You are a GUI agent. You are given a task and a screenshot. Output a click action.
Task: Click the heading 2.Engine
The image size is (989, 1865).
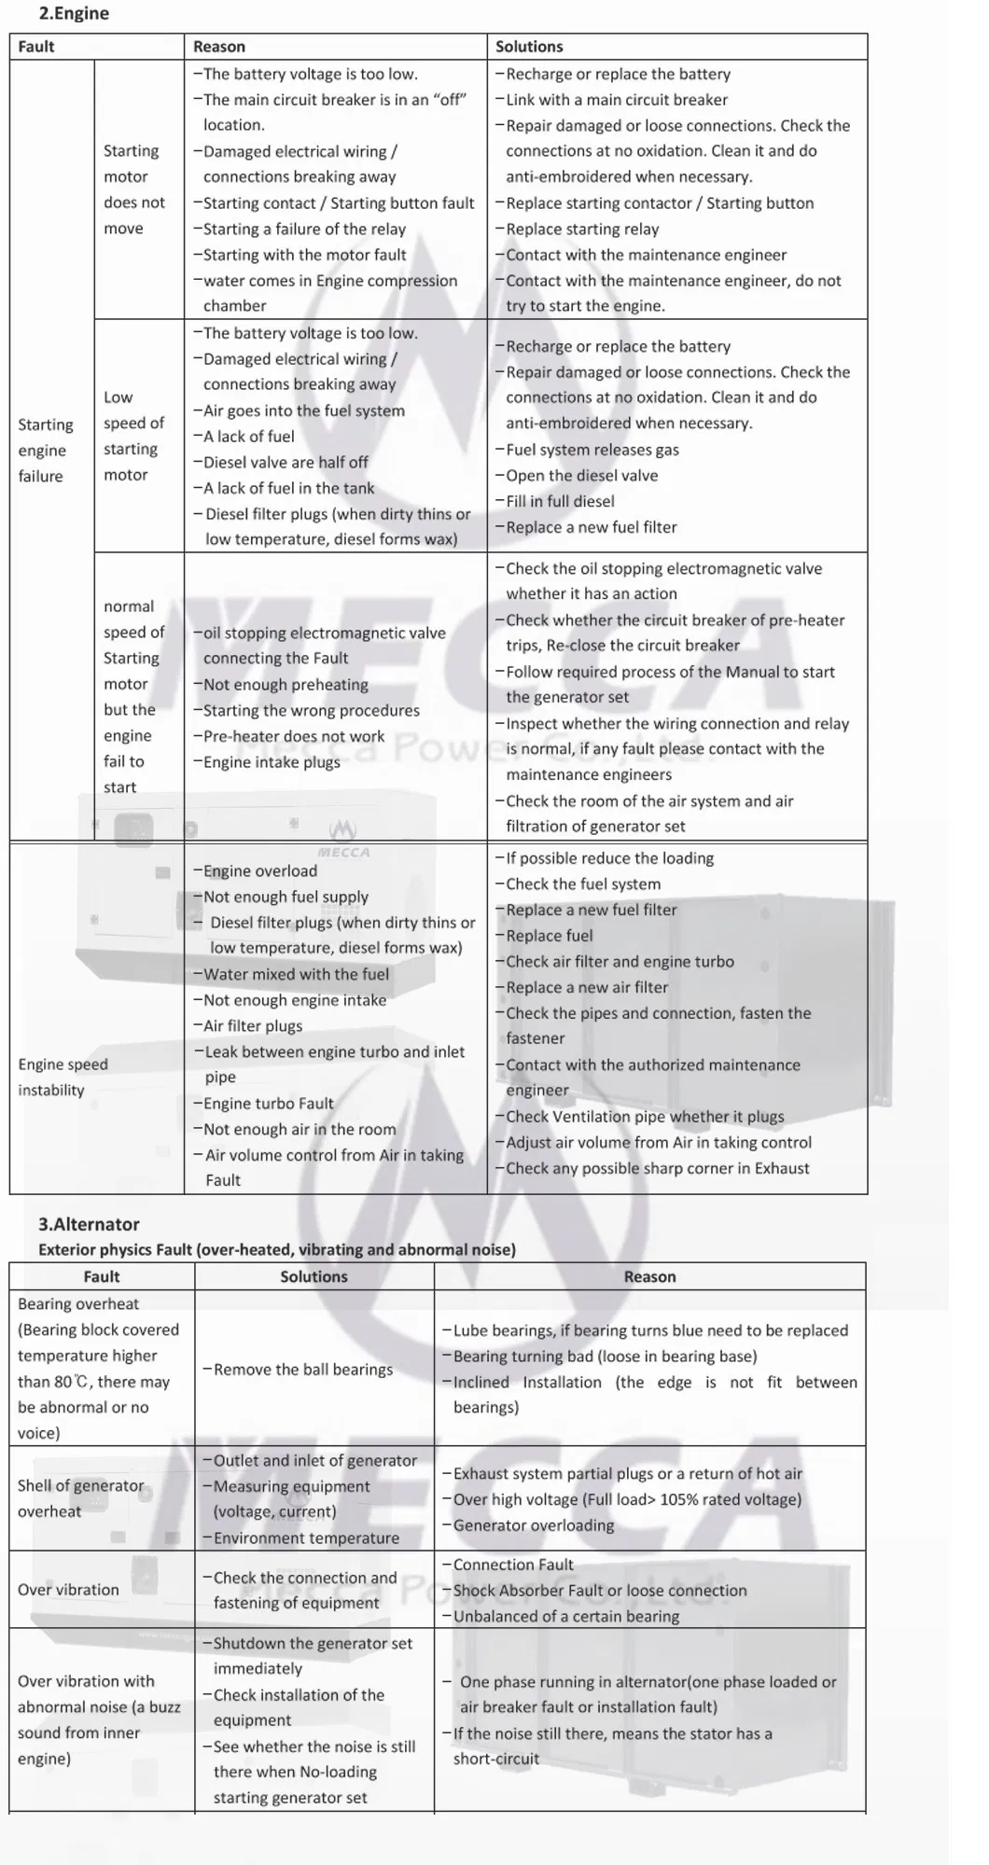[x=74, y=14]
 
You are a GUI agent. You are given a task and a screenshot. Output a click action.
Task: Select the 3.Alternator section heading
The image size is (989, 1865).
[x=89, y=1224]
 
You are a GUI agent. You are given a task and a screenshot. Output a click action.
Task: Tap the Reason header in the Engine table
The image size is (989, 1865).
[x=219, y=47]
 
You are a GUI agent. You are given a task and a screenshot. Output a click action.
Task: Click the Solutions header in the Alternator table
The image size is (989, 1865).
[x=313, y=1276]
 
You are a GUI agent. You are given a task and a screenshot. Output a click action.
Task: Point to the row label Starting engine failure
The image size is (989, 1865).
[x=45, y=450]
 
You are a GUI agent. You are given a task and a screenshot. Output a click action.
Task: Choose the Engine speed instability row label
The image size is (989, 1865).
[x=63, y=1077]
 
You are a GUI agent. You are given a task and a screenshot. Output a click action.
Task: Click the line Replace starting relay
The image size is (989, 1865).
[x=582, y=229]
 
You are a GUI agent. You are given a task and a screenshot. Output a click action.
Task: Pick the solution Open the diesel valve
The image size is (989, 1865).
[x=581, y=475]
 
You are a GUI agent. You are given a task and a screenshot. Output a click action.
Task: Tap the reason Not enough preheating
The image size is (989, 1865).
[x=286, y=684]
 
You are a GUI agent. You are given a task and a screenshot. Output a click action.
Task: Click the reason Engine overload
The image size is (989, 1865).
[x=259, y=870]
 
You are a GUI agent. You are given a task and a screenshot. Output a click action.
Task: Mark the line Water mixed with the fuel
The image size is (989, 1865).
[x=296, y=974]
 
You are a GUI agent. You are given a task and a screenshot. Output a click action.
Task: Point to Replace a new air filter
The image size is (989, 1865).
[x=587, y=987]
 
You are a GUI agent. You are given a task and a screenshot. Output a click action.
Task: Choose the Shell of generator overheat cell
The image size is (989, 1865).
[x=81, y=1498]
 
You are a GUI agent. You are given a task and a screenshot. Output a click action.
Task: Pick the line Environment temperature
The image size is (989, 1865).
[x=306, y=1538]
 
